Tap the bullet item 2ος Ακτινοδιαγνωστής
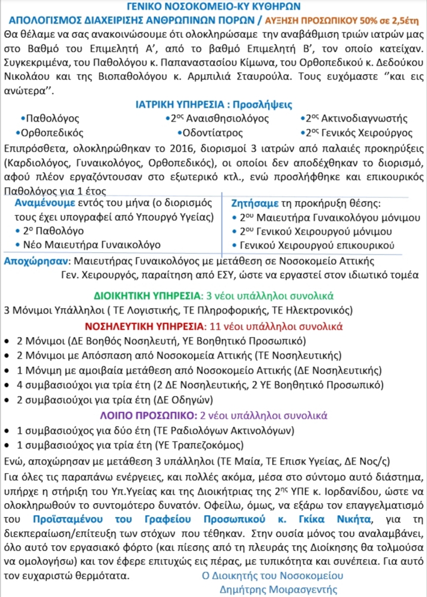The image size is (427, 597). click(356, 119)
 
